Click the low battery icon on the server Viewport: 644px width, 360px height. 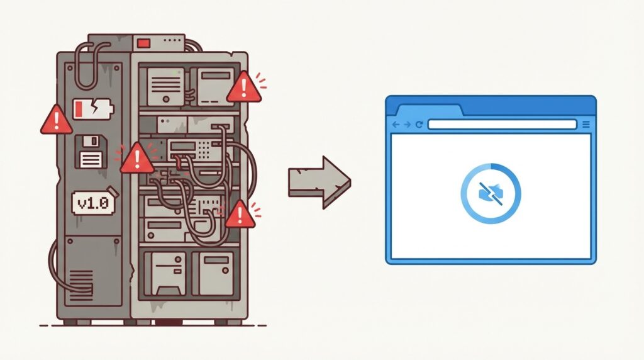(93, 109)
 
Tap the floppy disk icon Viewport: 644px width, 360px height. (91, 152)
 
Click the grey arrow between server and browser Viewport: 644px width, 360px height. (319, 182)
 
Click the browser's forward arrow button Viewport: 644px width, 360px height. (407, 125)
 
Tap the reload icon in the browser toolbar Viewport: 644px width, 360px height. (419, 125)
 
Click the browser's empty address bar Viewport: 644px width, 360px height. (502, 125)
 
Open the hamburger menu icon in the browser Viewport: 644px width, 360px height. (586, 125)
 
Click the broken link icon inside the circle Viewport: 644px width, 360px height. (491, 194)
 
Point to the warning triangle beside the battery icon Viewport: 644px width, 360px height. (56, 120)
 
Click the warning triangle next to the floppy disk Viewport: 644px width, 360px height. (137, 158)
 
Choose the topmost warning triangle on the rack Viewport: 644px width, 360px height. (244, 87)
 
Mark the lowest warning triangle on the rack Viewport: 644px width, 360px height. (240, 214)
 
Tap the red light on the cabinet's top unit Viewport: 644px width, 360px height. (144, 43)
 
